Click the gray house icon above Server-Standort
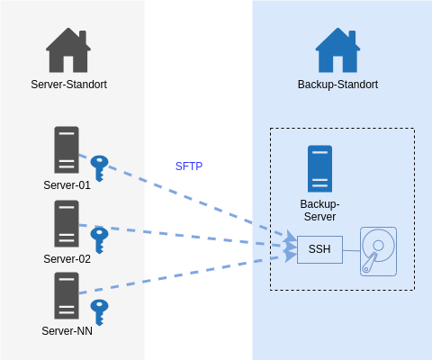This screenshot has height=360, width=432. coord(68,50)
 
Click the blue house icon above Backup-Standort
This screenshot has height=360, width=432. coord(337,50)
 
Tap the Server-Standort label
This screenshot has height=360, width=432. coord(68,85)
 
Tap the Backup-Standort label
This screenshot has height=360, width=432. coord(337,85)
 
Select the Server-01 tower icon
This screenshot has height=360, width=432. coord(67,149)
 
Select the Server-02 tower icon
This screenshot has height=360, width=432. coord(67,223)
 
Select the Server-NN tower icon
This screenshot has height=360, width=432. coord(67,295)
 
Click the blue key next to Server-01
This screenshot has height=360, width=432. coord(99,168)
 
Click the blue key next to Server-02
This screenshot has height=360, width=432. coord(99,240)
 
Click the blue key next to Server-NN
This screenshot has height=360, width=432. coord(99,312)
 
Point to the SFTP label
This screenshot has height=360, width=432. coord(189,166)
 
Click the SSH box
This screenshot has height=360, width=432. coord(319,249)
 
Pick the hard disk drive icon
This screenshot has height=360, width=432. coord(378,251)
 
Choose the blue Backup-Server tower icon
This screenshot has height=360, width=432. coord(319,168)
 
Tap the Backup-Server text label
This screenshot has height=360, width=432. coord(319,211)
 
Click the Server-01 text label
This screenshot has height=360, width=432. coord(67,185)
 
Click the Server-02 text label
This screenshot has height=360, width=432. coord(67,259)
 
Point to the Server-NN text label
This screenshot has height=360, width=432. coord(67,331)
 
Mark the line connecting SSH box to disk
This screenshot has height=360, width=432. coord(351,250)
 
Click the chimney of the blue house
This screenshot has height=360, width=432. coord(352,37)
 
